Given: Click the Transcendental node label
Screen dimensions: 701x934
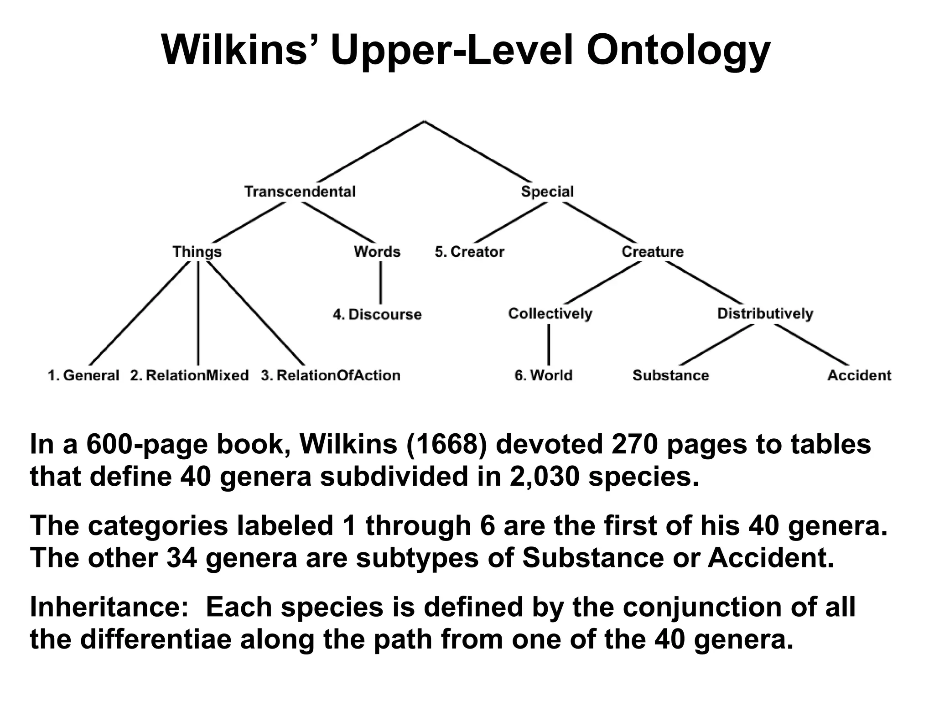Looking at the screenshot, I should (x=300, y=192).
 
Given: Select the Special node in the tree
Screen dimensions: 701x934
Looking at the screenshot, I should (x=547, y=192).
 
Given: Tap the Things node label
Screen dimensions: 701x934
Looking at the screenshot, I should (x=197, y=252).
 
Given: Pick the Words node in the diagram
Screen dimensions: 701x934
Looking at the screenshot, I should (x=377, y=252).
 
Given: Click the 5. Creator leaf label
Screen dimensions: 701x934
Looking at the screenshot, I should (x=469, y=252).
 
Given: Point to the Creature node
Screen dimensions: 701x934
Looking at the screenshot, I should (x=653, y=252).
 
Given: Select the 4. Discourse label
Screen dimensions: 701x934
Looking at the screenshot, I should (x=377, y=314).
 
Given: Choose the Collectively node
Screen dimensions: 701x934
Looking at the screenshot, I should (x=550, y=314).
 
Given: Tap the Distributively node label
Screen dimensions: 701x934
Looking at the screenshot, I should (x=765, y=314).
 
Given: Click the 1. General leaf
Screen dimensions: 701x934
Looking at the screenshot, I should (x=83, y=375).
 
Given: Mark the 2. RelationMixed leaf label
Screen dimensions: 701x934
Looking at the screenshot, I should (x=189, y=375).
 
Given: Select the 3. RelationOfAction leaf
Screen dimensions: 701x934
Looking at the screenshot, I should (x=331, y=375).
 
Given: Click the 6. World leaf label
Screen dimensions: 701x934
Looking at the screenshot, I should (x=543, y=375).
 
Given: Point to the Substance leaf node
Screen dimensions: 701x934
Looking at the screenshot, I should (x=670, y=375).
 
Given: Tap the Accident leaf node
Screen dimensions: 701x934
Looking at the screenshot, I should (x=859, y=375).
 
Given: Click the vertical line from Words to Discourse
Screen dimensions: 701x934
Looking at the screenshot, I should (x=381, y=283).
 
